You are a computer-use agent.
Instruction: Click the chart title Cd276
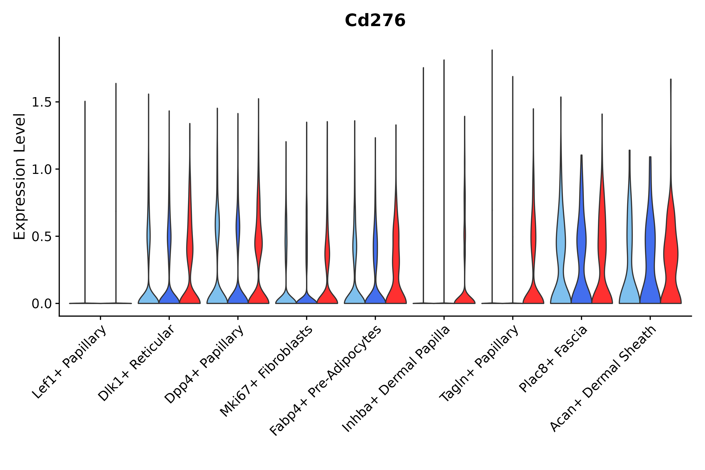375,20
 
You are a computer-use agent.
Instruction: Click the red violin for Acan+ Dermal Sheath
671,255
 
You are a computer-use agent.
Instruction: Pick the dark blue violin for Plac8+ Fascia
581,255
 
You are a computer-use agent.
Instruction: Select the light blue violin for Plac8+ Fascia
561,255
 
